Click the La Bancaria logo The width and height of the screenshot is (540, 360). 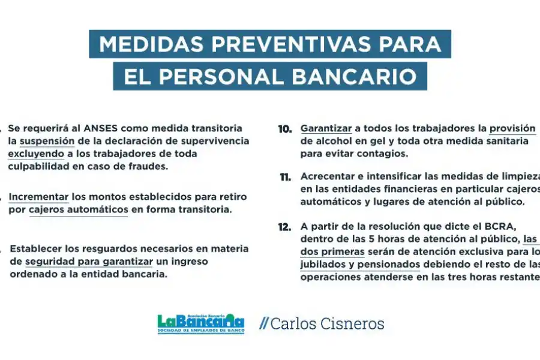click(200, 324)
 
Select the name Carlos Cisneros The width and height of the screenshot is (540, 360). click(327, 324)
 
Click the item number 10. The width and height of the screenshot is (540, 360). click(285, 129)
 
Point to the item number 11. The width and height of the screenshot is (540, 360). click(285, 177)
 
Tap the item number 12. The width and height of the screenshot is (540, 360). click(285, 227)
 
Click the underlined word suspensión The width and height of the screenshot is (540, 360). click(47, 141)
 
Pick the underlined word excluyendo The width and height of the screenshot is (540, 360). click(37, 154)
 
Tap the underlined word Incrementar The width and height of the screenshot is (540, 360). click(38, 197)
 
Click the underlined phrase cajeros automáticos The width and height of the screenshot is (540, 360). click(78, 209)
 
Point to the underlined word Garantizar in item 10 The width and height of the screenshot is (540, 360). click(325, 129)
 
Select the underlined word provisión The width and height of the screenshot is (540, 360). click(512, 129)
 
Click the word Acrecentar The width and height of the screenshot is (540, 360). click(328, 177)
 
